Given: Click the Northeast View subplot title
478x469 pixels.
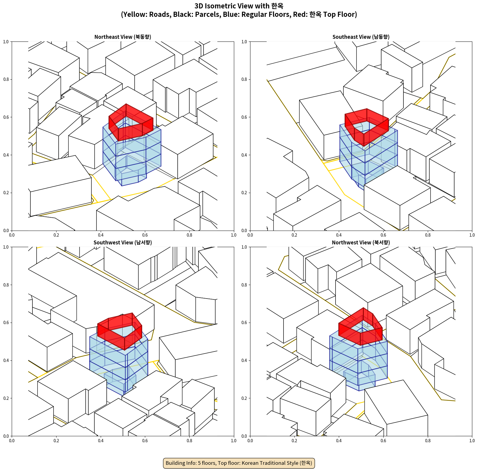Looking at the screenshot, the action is pos(123,37).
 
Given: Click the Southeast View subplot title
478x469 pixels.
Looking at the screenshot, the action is pos(361,37).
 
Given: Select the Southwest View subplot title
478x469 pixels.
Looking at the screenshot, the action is pos(123,243).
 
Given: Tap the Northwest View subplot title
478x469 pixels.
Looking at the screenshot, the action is pos(361,243).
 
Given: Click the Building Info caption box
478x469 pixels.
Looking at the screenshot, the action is pos(239,463).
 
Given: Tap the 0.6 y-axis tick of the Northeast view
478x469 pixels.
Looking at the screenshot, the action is pos(6,117).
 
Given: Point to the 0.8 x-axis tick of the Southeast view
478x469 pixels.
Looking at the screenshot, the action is pos(428,235).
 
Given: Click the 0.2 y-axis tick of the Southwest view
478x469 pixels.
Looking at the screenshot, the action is pos(6,398).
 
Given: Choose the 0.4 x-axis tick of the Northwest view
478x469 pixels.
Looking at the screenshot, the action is pos(339,441).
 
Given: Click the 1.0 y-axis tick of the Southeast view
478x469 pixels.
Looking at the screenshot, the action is pos(244,42).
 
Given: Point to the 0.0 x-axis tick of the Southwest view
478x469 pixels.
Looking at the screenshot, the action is pos(12,441).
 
